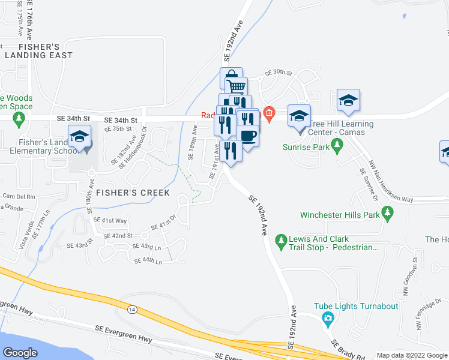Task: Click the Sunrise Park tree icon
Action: [337, 145]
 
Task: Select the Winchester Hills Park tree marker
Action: [388, 213]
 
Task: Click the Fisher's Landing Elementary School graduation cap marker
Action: [80, 138]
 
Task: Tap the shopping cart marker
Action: [237, 88]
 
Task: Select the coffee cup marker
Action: [247, 136]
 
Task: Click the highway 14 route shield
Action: [131, 308]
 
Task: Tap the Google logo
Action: [20, 353]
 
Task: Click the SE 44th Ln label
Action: [148, 261]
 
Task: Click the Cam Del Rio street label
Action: [19, 196]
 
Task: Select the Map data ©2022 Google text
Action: [411, 355]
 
